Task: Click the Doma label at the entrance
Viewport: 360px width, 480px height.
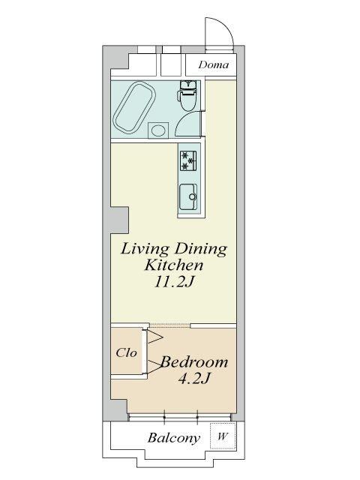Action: coord(214,64)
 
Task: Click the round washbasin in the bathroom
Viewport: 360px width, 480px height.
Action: coord(158,130)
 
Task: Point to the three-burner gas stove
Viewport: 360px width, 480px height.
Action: coord(188,160)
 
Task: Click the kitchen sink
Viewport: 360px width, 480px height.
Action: coord(188,196)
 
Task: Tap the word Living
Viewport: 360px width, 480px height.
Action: coord(145,250)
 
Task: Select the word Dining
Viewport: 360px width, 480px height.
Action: coord(201,250)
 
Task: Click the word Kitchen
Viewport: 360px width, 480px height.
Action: coord(173,265)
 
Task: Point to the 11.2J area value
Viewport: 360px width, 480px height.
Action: coord(173,282)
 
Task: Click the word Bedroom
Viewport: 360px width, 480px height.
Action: coord(194,362)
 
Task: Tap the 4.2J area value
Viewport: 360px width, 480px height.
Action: coord(193,379)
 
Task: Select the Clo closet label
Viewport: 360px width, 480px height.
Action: coord(126,353)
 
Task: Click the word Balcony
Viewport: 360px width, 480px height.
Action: coord(174,438)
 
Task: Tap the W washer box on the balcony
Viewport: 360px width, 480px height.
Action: coord(223,436)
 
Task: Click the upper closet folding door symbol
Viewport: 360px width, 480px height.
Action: coord(155,337)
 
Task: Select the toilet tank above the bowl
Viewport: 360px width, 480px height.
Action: coord(188,85)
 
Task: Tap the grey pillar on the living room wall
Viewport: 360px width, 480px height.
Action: coord(120,220)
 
